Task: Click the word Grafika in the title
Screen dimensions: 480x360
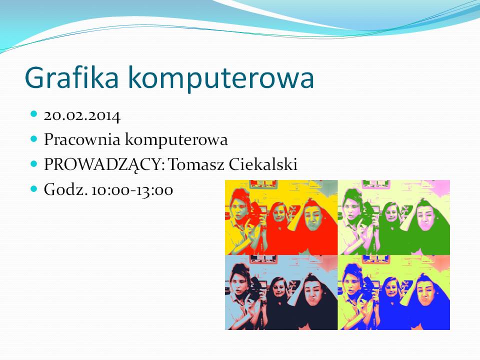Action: pos(71,77)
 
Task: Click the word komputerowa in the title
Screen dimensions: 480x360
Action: pos(221,79)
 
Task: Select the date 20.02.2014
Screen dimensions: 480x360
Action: pos(82,116)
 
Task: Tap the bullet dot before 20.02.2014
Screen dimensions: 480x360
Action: pos(33,114)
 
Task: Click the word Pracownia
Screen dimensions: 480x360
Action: pos(82,139)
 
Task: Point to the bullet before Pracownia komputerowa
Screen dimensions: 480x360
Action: pos(33,139)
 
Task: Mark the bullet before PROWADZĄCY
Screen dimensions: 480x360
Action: pos(33,164)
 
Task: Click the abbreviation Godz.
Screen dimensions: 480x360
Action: pos(66,189)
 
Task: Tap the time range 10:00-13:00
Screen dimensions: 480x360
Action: pos(132,190)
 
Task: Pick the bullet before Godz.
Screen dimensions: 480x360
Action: pos(33,189)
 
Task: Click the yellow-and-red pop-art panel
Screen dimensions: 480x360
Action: pos(281,217)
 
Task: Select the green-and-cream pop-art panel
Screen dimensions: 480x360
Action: pos(393,217)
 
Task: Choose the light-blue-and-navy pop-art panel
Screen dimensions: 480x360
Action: pos(281,292)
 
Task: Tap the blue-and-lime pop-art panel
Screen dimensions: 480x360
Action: pos(393,292)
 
